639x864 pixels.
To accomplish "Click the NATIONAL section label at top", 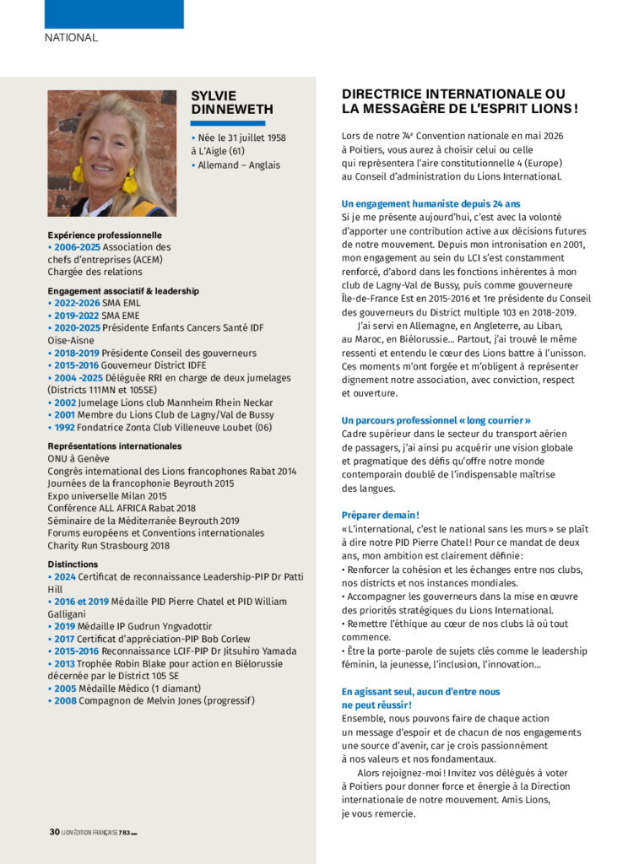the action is point(71,37).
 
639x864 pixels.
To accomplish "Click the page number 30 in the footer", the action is point(54,832).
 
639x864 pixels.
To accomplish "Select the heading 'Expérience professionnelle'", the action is point(105,235).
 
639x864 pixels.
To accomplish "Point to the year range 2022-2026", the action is point(77,303).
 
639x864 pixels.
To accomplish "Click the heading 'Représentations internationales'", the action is point(114,445).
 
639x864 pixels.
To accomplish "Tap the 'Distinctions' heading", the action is point(73,564).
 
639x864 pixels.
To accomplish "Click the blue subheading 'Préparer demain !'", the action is point(380,515).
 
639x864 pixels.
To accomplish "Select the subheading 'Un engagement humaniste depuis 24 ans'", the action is point(431,203).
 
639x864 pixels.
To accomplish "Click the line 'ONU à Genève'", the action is point(79,458).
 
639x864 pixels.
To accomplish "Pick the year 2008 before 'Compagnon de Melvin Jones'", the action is point(65,700).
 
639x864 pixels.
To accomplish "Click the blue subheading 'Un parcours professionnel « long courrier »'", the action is point(436,420).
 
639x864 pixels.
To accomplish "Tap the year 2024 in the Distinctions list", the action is point(65,576).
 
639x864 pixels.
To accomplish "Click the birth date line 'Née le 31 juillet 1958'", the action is point(241,138).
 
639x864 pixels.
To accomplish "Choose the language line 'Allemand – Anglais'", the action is point(239,165).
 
